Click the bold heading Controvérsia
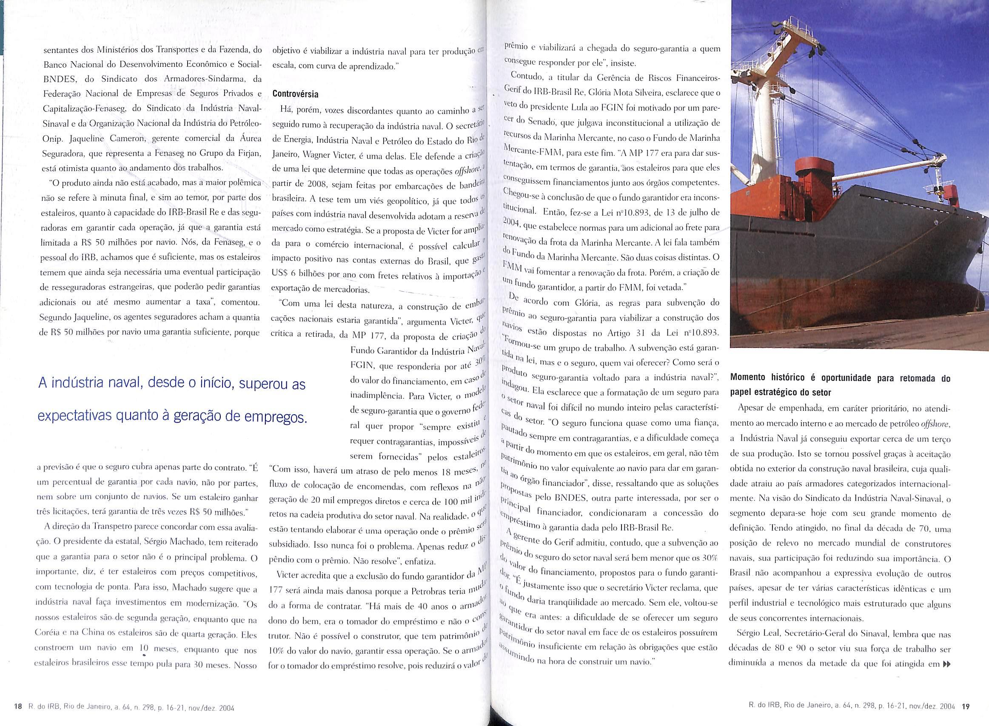[x=295, y=94]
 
